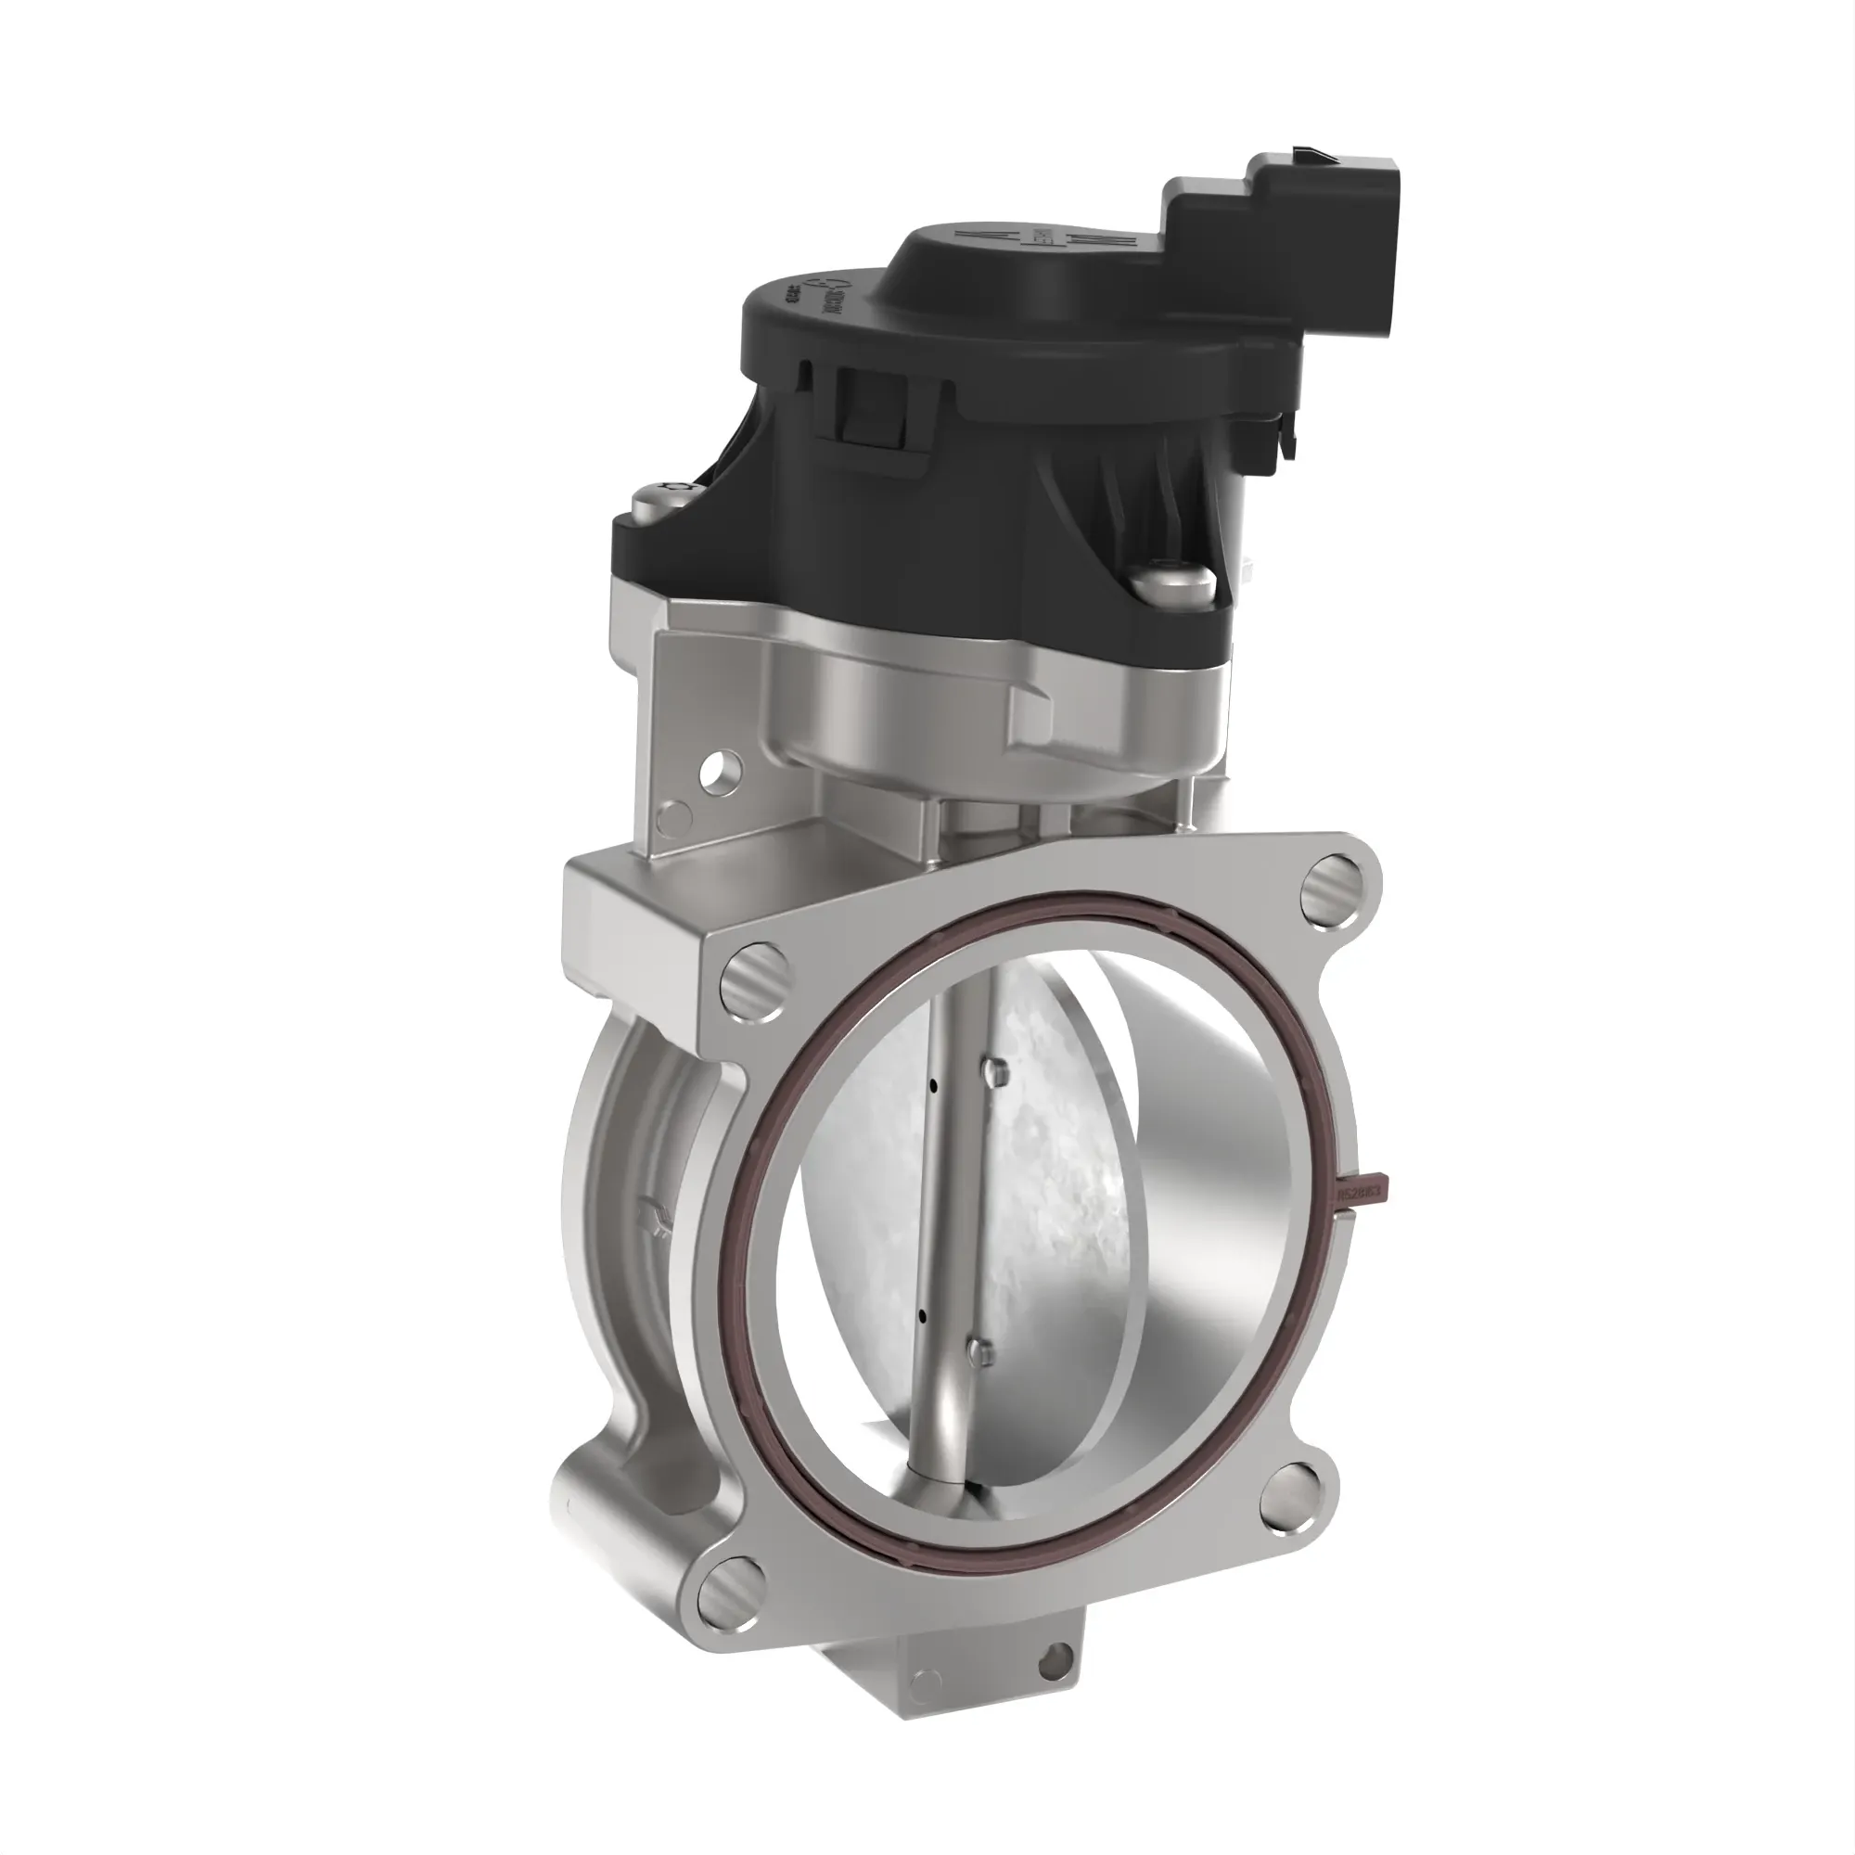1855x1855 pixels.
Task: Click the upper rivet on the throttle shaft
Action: click(x=995, y=1069)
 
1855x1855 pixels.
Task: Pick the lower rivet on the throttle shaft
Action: click(x=979, y=1354)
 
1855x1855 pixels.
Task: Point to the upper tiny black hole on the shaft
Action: click(x=933, y=1088)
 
